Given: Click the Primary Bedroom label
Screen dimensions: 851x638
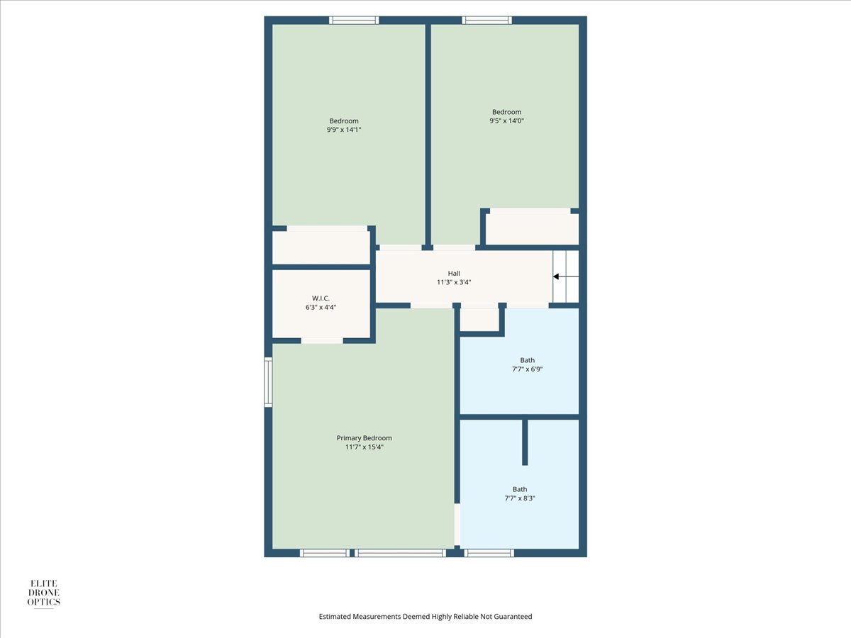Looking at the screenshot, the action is coord(364,438).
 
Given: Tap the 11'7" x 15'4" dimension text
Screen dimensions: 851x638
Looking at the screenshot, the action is coord(364,447).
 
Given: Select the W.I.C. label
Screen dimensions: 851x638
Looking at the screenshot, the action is coord(321,298).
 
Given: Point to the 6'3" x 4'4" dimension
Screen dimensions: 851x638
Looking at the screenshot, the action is coord(321,307).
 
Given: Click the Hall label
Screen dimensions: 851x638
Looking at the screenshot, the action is coord(454,274).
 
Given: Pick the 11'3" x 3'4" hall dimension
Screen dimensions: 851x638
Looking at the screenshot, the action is coord(454,282).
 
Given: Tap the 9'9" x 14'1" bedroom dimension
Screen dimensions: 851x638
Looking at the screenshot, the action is coord(344,130).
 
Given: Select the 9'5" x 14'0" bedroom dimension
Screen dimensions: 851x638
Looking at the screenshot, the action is coord(507,121).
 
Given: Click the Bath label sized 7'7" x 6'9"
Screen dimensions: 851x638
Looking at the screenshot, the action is coord(528,360).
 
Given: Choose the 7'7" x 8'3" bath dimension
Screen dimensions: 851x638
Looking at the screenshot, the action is coord(520,498).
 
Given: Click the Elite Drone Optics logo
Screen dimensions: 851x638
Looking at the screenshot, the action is coord(44,593).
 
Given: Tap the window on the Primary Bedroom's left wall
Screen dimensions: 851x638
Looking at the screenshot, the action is coord(268,382).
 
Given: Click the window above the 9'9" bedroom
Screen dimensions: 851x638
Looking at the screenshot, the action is coord(354,20).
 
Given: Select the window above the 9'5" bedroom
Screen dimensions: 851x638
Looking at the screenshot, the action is coord(487,20).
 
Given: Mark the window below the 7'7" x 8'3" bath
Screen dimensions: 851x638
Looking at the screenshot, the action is coord(489,553).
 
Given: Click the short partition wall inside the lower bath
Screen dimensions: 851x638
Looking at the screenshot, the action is coord(525,442).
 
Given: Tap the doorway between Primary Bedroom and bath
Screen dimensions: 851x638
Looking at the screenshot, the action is coord(457,525).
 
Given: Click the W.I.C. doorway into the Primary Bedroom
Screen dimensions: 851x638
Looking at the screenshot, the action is coord(322,340).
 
